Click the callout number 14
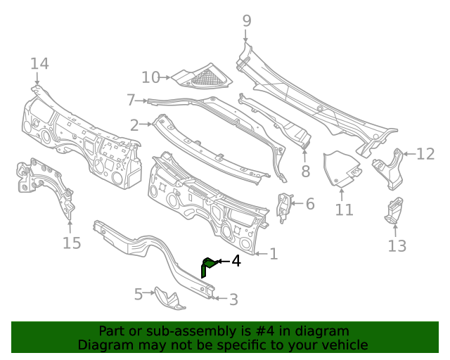pyautogui.click(x=39, y=64)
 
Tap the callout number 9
pyautogui.click(x=246, y=21)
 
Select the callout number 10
pyautogui.click(x=150, y=77)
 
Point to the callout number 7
pyautogui.click(x=131, y=100)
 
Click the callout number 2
pyautogui.click(x=134, y=125)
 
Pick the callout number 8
pyautogui.click(x=305, y=171)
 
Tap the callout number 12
pyautogui.click(x=425, y=154)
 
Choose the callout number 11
pyautogui.click(x=344, y=210)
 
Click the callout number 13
pyautogui.click(x=397, y=245)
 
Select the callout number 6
pyautogui.click(x=309, y=205)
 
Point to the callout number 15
pyautogui.click(x=72, y=243)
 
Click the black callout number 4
pyautogui.click(x=236, y=261)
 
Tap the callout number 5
pyautogui.click(x=139, y=292)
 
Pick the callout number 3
pyautogui.click(x=233, y=300)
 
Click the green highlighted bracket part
pyautogui.click(x=207, y=266)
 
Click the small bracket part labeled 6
pyautogui.click(x=285, y=206)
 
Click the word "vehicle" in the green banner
pyautogui.click(x=343, y=345)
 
